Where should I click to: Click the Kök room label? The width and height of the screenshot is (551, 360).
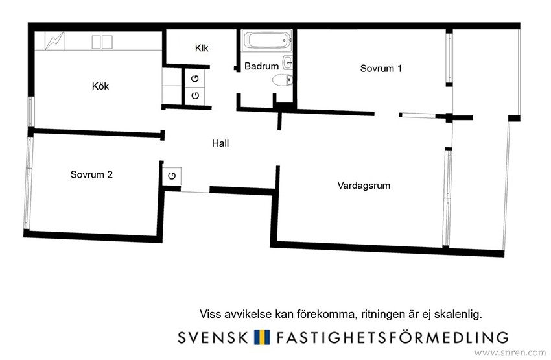click(100, 86)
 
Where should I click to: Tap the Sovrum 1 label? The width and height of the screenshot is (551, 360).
click(381, 68)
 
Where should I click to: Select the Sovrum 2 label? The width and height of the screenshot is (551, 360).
click(91, 174)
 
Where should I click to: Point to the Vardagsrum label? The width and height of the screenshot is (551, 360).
click(364, 186)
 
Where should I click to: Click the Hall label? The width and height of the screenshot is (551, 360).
click(220, 143)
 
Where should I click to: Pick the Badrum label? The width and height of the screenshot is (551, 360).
click(261, 66)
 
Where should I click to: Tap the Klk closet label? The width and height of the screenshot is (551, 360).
click(202, 48)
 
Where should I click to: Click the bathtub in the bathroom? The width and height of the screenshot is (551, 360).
click(267, 40)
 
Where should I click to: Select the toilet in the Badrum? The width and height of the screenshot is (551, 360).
click(282, 80)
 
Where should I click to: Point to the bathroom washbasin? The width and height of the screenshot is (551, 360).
click(288, 62)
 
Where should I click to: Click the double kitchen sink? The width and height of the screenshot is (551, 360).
click(102, 42)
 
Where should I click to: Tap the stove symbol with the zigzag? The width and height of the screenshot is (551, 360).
click(54, 41)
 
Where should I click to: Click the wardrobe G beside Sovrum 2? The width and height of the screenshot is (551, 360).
click(172, 176)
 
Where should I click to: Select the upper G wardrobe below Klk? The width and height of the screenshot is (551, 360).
click(195, 78)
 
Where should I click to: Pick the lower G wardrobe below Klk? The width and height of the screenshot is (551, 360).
click(195, 95)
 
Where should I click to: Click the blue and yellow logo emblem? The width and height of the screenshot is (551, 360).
click(262, 337)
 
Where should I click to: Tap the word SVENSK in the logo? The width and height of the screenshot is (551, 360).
click(213, 337)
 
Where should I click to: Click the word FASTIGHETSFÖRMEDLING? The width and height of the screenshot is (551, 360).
click(392, 337)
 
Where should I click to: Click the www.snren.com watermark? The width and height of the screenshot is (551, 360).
click(510, 352)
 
